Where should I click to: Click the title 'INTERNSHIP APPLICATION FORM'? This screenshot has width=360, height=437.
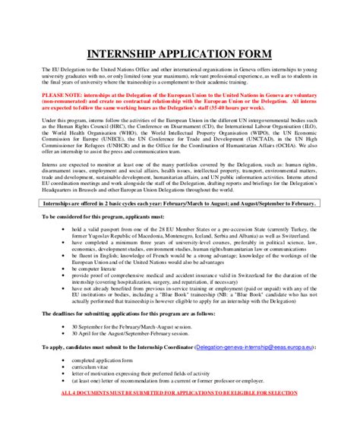tap(180, 55)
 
